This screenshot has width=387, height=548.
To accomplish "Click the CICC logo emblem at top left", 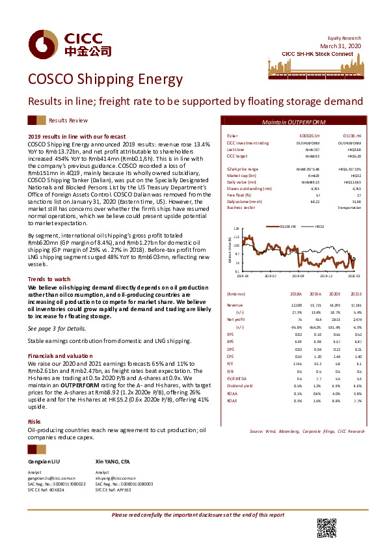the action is click(x=40, y=44).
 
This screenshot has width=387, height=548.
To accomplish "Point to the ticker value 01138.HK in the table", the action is click(x=352, y=135).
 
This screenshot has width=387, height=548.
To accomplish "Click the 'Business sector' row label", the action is click(x=239, y=208).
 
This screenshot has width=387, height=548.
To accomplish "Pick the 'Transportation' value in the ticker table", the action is click(x=350, y=208).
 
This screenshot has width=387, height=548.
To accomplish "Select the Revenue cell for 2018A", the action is click(x=296, y=323).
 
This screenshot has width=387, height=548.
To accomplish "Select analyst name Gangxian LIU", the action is click(x=44, y=461).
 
